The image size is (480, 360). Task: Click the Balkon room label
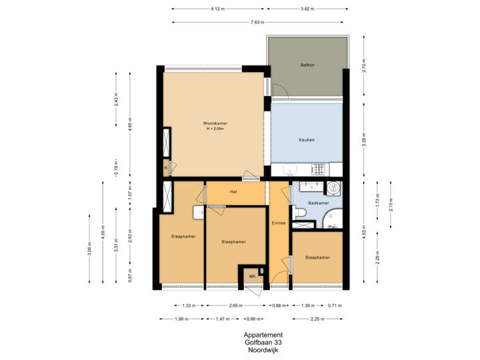[307, 65]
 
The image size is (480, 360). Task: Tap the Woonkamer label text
[216, 123]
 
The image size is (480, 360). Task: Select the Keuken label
[307, 139]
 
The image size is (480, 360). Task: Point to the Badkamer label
[318, 203]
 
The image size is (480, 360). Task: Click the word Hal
[233, 192]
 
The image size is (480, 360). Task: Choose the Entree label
[279, 224]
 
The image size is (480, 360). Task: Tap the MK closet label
[252, 275]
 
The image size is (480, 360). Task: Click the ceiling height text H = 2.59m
[216, 129]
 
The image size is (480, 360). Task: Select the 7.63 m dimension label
[256, 22]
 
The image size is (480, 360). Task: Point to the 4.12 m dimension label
[217, 9]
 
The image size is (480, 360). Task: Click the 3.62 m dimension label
[307, 9]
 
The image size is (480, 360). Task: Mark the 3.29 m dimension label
[363, 141]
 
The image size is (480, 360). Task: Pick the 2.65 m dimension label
[235, 305]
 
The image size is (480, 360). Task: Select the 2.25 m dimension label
[317, 319]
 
